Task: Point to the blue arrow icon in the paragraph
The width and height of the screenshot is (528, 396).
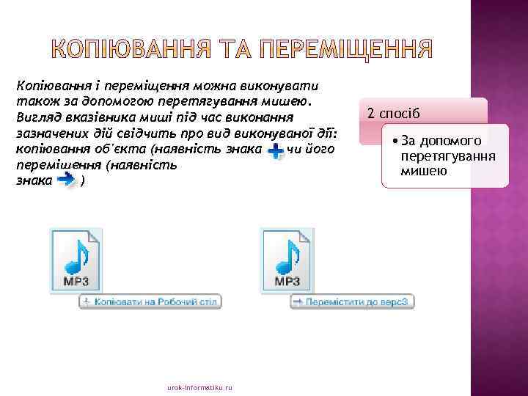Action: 67,180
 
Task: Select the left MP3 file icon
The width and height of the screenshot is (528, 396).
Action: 76,260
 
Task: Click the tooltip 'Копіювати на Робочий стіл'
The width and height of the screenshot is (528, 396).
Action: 150,301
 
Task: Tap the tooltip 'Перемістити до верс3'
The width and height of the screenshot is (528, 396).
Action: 353,301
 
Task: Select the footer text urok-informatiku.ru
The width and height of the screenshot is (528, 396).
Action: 199,386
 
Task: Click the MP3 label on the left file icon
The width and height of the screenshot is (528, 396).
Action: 76,281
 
